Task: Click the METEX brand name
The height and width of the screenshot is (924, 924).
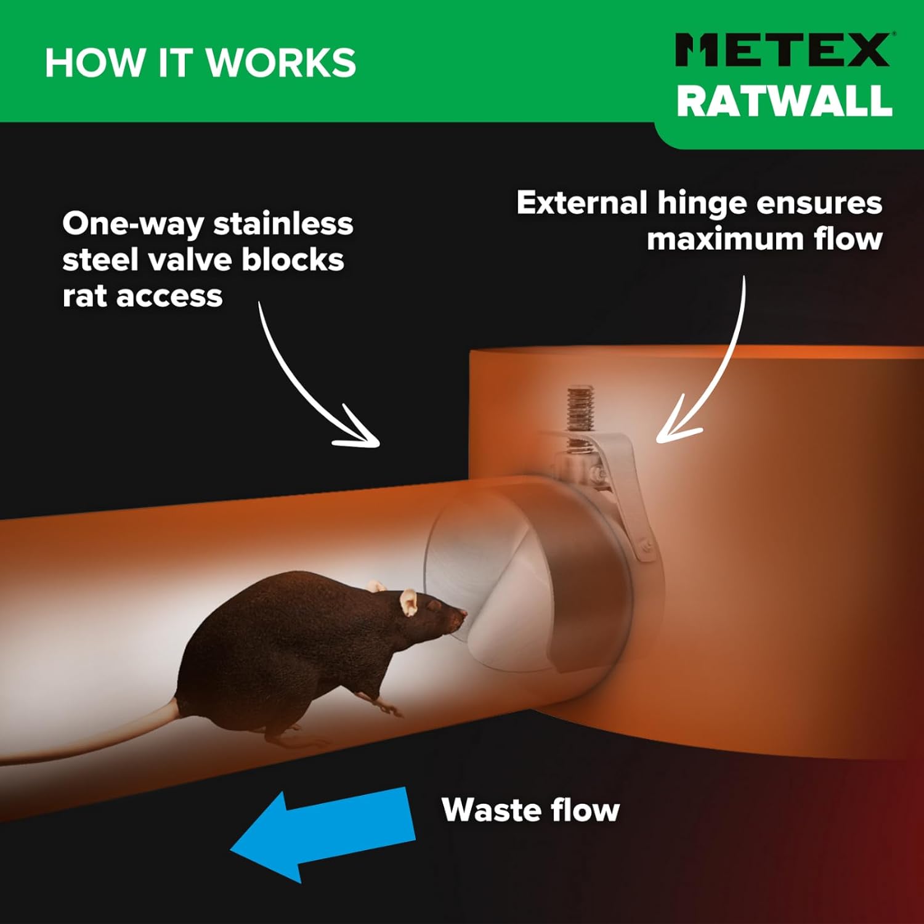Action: click(x=782, y=50)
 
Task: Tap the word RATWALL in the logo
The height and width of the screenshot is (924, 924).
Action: click(x=784, y=100)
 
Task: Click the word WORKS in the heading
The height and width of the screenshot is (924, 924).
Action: click(x=280, y=63)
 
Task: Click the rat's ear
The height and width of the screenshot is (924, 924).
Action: click(x=408, y=602)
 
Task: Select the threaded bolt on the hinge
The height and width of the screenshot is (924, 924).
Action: click(x=580, y=410)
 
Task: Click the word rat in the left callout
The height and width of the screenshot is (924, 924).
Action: click(x=84, y=297)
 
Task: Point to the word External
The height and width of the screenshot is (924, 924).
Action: click(x=582, y=203)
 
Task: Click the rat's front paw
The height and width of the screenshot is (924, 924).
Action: click(x=391, y=708)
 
